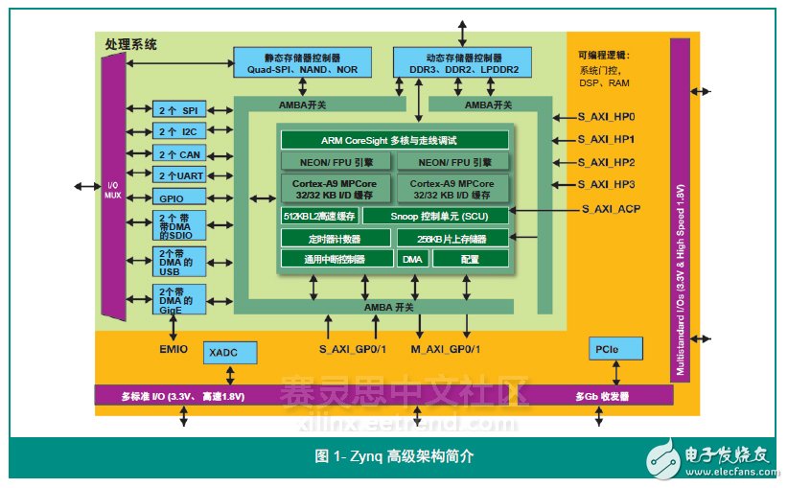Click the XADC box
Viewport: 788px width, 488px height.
click(231, 354)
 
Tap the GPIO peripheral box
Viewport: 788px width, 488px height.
click(178, 198)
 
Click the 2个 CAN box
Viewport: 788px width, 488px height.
click(178, 154)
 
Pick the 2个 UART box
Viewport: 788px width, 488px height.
click(178, 175)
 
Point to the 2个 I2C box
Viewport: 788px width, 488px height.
click(178, 132)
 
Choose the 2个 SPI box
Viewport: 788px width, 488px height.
click(178, 110)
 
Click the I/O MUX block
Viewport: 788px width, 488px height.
click(112, 187)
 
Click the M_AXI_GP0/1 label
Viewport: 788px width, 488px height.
click(446, 348)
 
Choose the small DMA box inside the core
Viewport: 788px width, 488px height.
click(411, 259)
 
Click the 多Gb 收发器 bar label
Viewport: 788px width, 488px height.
click(601, 396)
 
